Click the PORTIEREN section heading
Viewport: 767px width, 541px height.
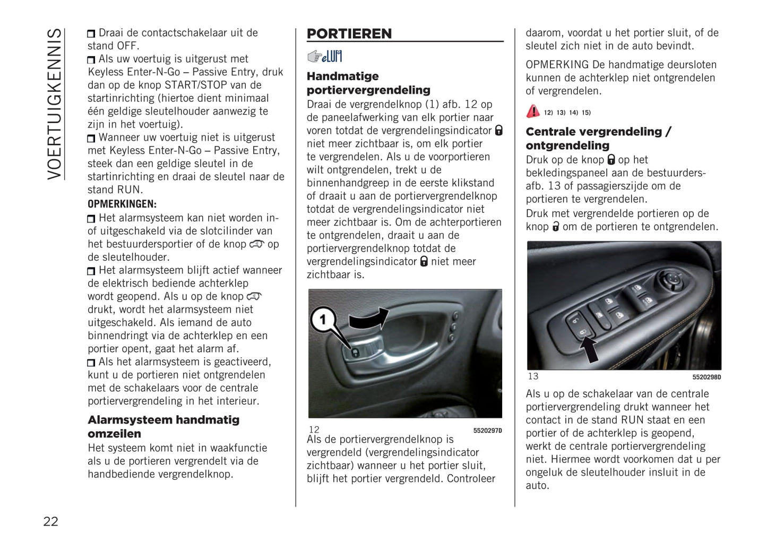click(x=349, y=34)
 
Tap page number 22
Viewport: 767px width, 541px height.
click(x=50, y=521)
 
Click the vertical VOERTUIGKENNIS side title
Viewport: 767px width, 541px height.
click(x=55, y=104)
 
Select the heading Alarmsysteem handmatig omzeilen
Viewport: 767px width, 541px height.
click(x=163, y=426)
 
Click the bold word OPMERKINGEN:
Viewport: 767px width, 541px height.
click(x=122, y=204)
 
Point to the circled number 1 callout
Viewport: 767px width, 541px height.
click(x=322, y=320)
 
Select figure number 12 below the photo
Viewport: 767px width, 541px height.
click(x=314, y=430)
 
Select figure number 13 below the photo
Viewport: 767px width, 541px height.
click(x=533, y=376)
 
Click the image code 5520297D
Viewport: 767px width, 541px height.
click(x=487, y=431)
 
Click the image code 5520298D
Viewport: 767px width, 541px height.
click(x=706, y=377)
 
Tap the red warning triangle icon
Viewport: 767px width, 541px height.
click(x=533, y=111)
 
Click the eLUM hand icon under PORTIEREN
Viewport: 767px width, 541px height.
click(x=324, y=56)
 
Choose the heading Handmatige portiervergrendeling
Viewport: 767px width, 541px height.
click(x=368, y=83)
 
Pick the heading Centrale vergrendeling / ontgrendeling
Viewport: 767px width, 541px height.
click(x=598, y=139)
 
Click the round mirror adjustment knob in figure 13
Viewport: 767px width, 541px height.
click(x=673, y=279)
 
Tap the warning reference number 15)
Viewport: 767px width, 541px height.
click(x=586, y=113)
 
